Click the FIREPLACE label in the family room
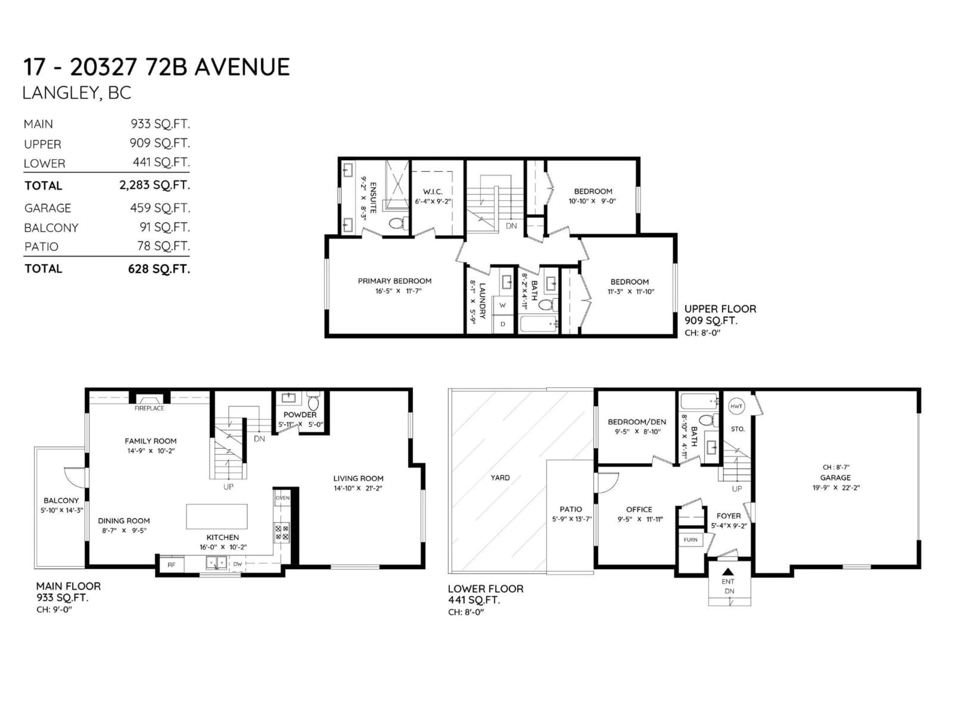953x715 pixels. [149, 408]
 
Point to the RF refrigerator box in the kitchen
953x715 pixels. [171, 565]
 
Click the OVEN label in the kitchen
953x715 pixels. [283, 498]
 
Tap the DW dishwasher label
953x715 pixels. [238, 564]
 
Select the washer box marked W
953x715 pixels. [502, 305]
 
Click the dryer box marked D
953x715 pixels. [502, 324]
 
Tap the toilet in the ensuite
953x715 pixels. [397, 223]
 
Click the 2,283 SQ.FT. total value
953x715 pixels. [154, 185]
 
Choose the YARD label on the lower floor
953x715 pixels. [500, 477]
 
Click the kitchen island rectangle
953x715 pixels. [217, 516]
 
